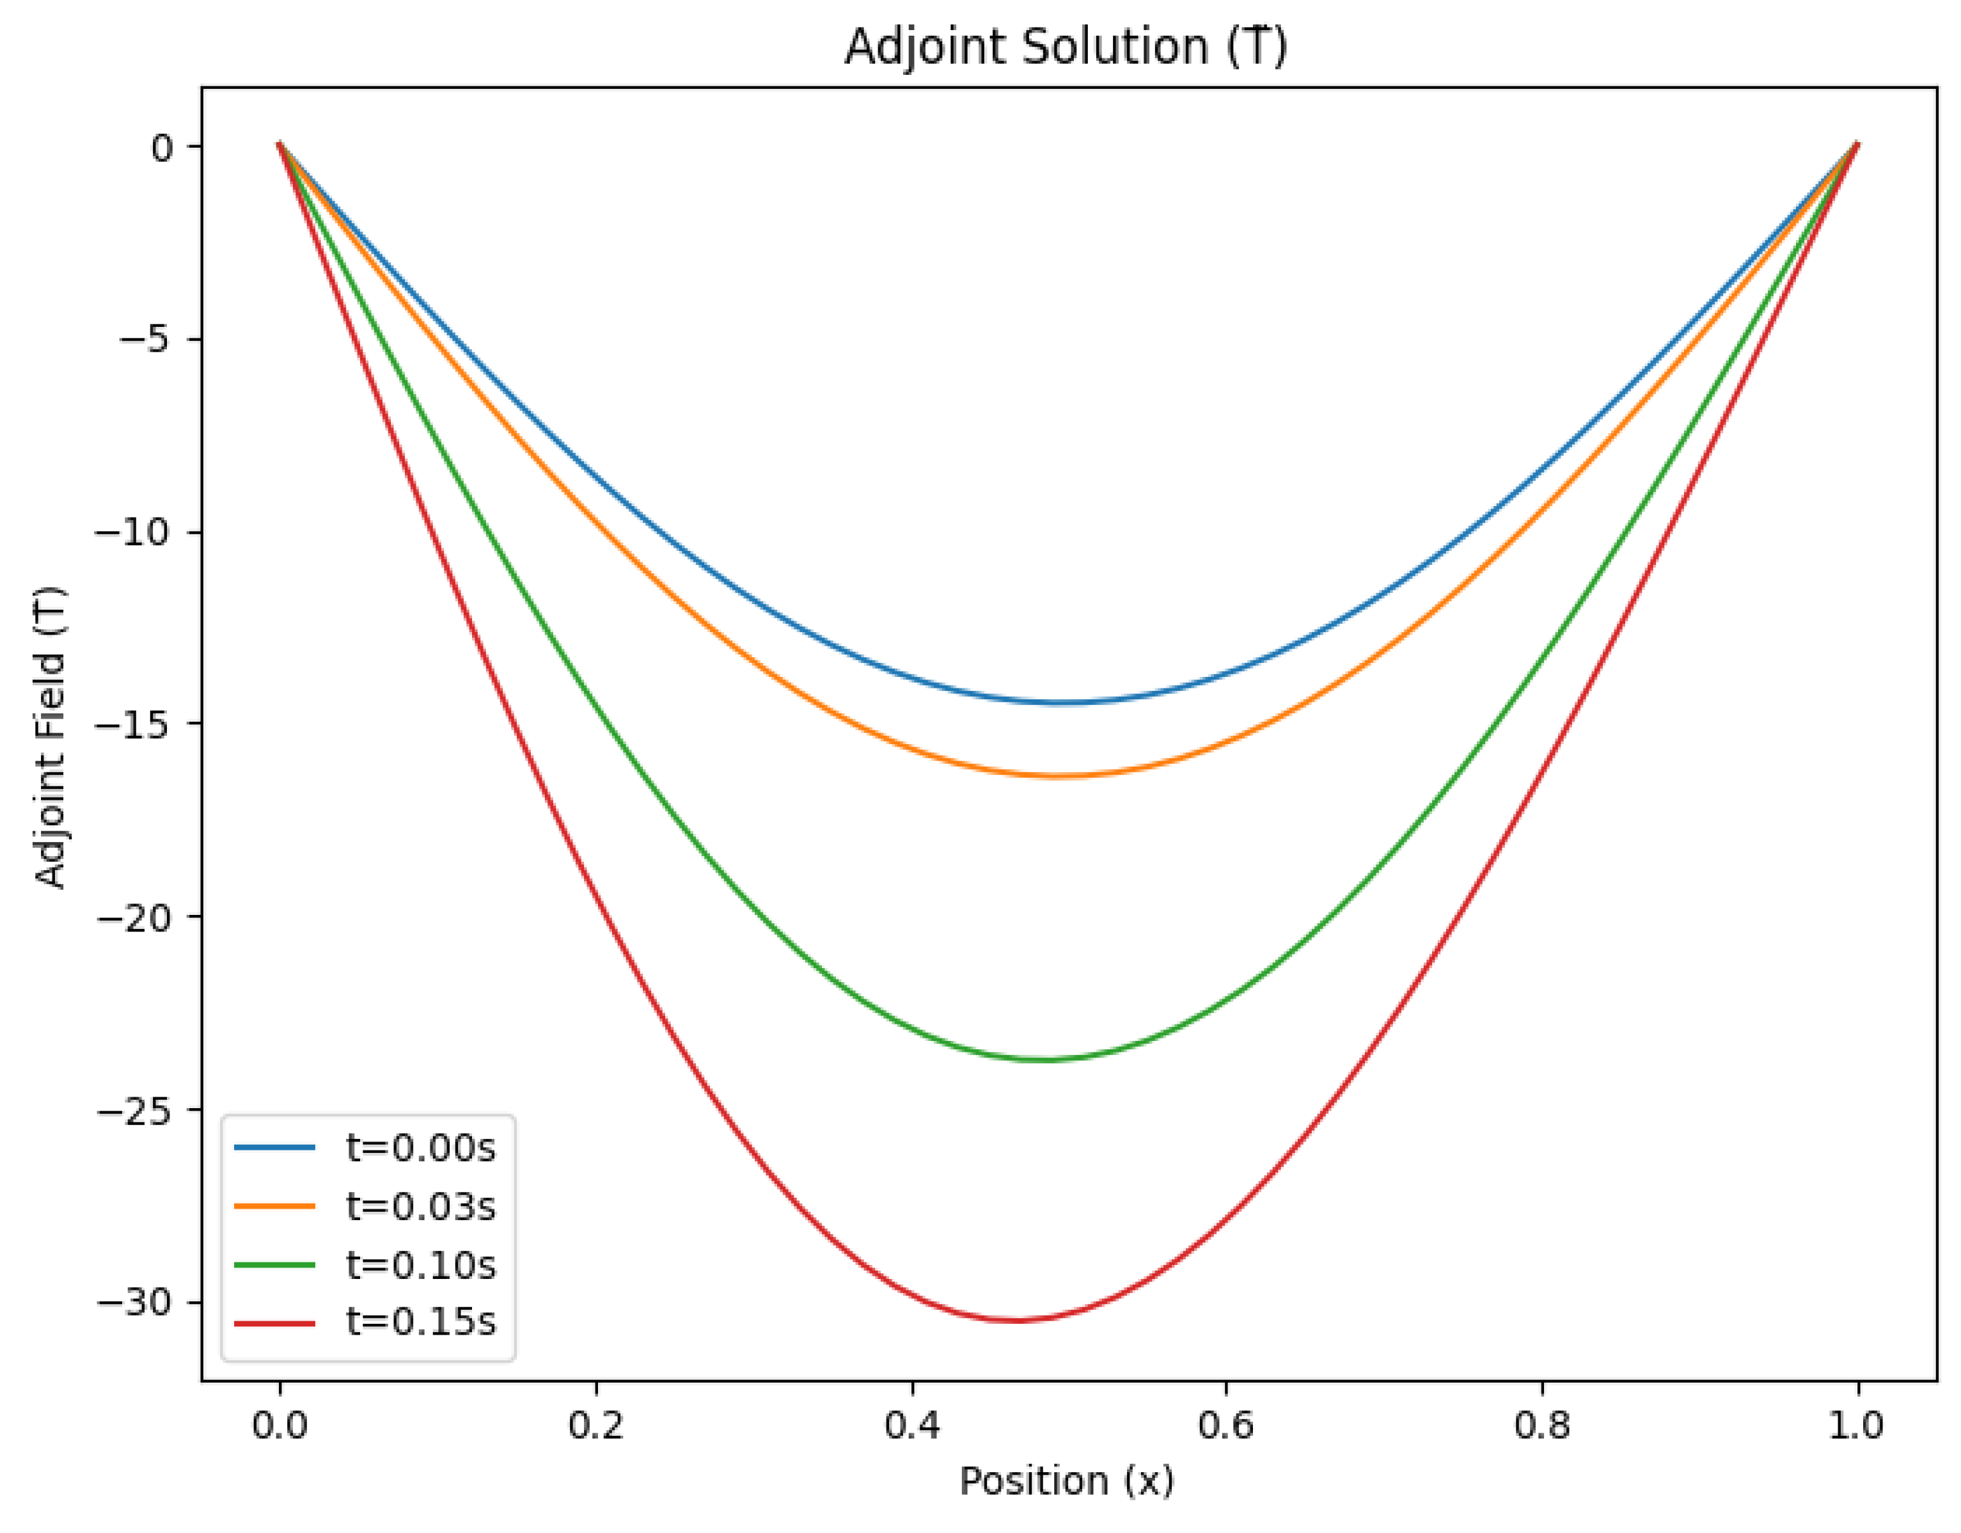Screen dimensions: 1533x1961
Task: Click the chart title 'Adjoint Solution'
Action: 1066,47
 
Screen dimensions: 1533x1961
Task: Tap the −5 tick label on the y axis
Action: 144,340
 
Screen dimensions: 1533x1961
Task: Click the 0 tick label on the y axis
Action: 162,147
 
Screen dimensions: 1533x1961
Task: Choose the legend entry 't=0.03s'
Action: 420,1206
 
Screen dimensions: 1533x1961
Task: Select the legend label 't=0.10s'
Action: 420,1264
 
